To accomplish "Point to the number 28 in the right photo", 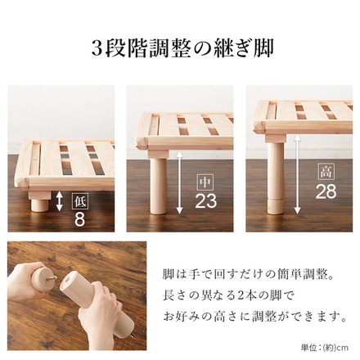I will (326, 191).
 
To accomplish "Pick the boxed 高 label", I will (326, 172).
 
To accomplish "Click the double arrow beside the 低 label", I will (59, 202).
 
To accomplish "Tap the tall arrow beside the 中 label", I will (179, 182).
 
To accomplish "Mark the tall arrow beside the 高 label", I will (299, 176).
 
